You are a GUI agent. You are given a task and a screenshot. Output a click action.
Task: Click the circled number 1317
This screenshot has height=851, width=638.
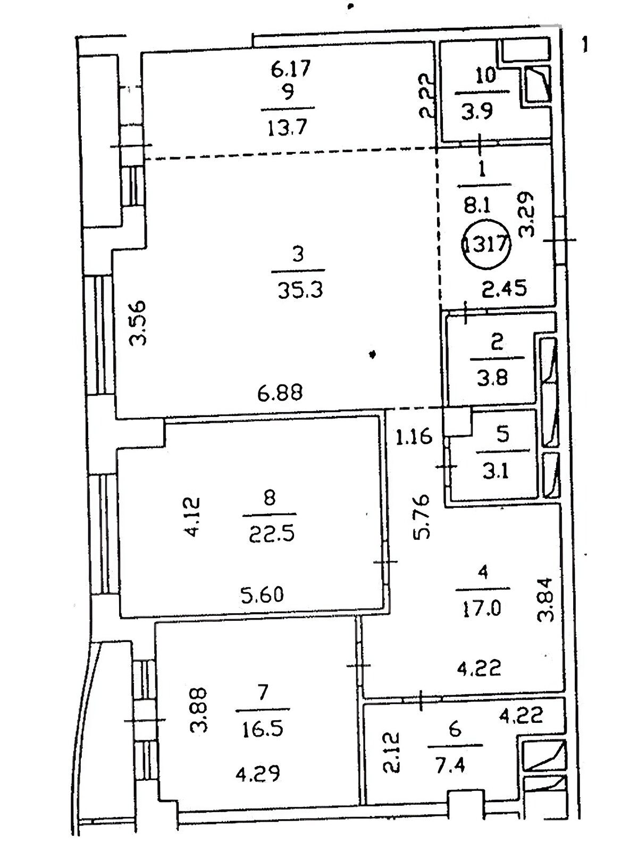coord(487,244)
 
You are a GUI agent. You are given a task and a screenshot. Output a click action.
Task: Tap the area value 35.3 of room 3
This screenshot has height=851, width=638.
coord(300,290)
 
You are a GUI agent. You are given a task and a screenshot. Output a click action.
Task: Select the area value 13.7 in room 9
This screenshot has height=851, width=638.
coord(287,127)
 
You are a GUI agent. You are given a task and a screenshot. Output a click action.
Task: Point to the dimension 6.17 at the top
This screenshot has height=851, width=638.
coord(290,70)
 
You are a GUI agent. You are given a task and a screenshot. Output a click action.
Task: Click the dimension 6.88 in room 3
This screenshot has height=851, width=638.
coord(280,393)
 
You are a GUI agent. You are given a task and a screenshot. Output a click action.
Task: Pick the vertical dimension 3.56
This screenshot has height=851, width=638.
coord(138,323)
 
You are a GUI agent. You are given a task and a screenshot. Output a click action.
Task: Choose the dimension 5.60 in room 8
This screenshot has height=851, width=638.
coord(262,595)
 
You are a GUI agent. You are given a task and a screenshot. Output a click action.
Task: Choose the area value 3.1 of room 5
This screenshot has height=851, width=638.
coord(494,471)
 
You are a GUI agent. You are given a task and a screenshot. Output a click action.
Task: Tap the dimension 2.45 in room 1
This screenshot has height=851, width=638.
coord(505,288)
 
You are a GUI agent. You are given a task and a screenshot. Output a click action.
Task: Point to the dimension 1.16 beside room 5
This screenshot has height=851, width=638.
coord(414,437)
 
